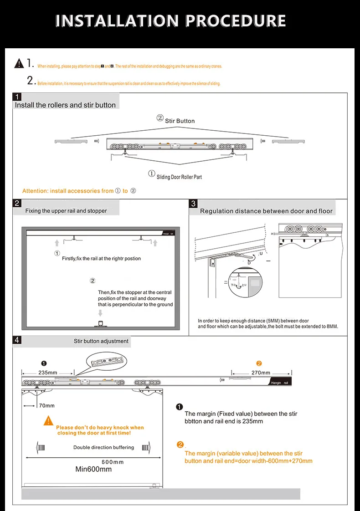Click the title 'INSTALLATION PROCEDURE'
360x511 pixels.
coord(171,21)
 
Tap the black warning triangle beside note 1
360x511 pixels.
coord(19,63)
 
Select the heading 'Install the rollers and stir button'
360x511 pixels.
coord(65,105)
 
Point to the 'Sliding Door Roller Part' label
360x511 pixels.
coord(179,177)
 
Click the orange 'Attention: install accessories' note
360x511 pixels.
coord(79,191)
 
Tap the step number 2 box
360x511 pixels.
coord(17,203)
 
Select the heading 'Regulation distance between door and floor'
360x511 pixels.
coord(266,211)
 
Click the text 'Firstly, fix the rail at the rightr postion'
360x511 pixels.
coord(101,259)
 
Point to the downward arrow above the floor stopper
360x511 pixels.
coord(100,313)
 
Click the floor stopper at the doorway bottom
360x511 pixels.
coord(100,324)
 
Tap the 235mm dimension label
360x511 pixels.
coord(47,372)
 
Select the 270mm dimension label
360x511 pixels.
coord(261,372)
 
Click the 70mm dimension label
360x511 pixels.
coord(46,405)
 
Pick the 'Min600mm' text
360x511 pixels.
coord(93,469)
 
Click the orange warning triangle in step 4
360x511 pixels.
coord(49,421)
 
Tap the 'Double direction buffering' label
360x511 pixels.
coord(103,447)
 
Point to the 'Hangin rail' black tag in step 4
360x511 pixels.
coord(279,383)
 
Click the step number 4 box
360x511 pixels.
coord(17,340)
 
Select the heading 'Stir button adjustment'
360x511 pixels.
coord(101,341)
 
